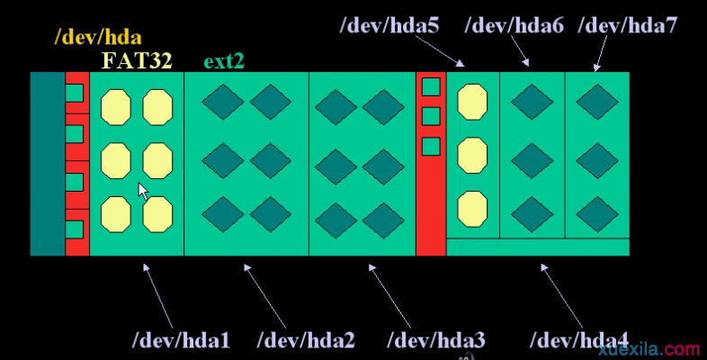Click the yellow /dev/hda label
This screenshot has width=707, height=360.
coord(98,37)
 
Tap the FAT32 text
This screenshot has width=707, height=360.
coord(137,60)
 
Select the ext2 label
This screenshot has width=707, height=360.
coord(224,61)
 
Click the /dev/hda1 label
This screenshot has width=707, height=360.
coord(182,340)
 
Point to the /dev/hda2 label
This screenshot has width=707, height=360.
coord(306,340)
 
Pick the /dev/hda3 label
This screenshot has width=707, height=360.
coord(436,340)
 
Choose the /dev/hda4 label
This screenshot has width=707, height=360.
coord(579,340)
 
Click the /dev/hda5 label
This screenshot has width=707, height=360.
coord(389,25)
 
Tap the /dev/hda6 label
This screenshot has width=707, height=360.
coord(515,25)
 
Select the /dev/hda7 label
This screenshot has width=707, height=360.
coord(628,25)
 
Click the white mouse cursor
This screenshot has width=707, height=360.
coord(142,192)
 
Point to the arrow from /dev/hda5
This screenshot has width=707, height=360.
coord(440,51)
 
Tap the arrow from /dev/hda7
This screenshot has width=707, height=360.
coord(601,53)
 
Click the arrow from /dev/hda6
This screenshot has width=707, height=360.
coord(520,51)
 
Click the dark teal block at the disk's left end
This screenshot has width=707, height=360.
coord(48,164)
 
